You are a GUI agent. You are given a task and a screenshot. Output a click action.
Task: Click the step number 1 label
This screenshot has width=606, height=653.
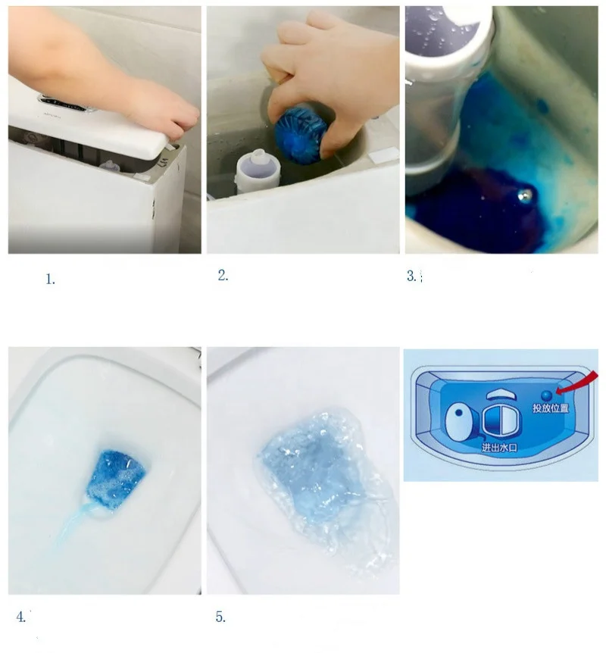tap(50, 280)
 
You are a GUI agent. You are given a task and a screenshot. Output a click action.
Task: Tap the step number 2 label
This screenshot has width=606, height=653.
tap(223, 277)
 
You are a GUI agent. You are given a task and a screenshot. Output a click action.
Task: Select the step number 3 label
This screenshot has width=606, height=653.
tap(411, 277)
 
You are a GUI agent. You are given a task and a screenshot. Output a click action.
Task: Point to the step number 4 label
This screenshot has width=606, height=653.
tap(21, 617)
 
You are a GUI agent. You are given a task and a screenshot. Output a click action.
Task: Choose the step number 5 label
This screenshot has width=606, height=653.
tap(220, 617)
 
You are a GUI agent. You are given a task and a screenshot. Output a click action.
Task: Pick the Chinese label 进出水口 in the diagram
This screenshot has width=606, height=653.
tap(501, 448)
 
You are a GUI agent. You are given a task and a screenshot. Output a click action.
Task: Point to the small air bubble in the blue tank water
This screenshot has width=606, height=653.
tap(521, 195)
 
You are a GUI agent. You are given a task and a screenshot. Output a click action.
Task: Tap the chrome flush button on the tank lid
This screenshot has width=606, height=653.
tap(64, 101)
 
